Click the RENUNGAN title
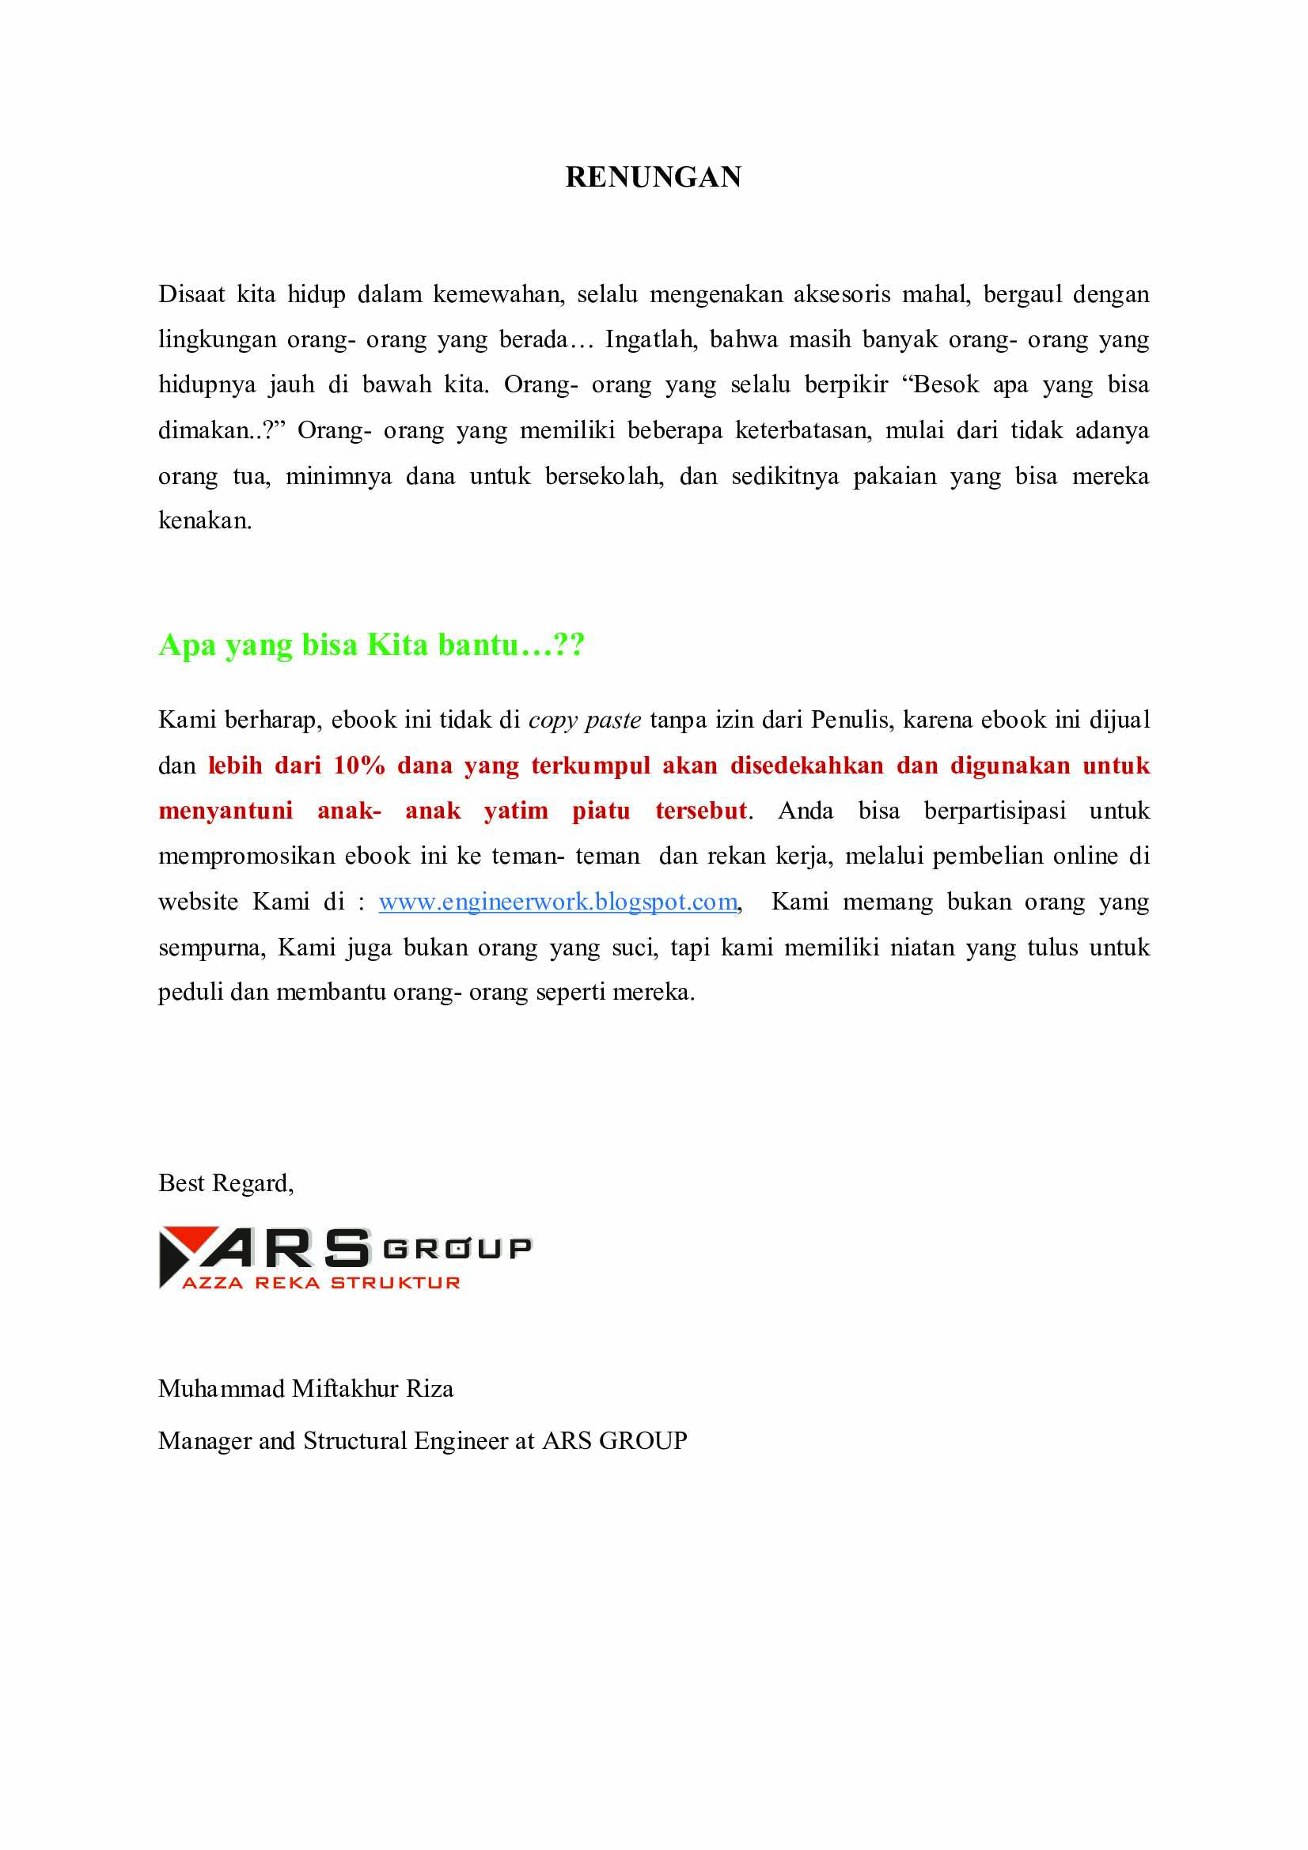[x=653, y=177]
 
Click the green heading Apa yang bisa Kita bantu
[x=371, y=645]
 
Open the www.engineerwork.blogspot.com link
[x=558, y=902]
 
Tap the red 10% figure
[x=358, y=766]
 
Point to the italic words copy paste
[x=584, y=721]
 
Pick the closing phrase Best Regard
[x=226, y=1182]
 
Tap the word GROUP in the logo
[x=457, y=1249]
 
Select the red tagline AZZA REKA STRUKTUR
[x=320, y=1283]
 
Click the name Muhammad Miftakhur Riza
[x=305, y=1388]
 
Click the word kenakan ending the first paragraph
[x=204, y=521]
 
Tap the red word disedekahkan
[x=807, y=766]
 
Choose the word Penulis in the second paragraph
[x=851, y=721]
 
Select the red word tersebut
[x=701, y=811]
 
